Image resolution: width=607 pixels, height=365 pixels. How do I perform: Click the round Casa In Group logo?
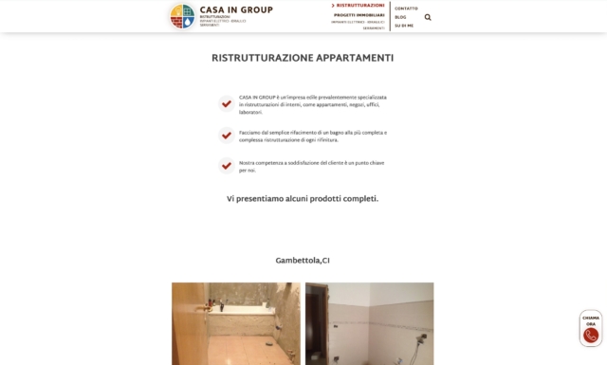click(182, 16)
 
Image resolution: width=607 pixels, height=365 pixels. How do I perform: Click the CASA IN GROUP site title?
click(236, 10)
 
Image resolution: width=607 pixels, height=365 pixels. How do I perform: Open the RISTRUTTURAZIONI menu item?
click(360, 6)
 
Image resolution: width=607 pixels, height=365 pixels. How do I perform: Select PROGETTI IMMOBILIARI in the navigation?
click(359, 15)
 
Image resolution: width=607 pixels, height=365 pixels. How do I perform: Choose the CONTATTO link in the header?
click(406, 9)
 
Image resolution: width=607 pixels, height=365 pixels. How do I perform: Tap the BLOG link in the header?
click(400, 17)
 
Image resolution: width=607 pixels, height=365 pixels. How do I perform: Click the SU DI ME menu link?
click(404, 26)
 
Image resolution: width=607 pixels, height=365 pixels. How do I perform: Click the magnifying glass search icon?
click(428, 17)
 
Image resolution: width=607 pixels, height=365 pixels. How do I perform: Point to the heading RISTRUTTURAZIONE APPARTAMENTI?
click(303, 58)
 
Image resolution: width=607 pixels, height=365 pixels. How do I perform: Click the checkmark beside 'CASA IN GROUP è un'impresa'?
click(227, 104)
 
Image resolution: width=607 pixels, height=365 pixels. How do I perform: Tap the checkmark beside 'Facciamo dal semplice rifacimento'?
click(227, 136)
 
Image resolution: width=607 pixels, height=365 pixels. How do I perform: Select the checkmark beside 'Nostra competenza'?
click(227, 166)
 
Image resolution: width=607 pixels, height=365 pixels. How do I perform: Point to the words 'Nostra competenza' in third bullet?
click(257, 162)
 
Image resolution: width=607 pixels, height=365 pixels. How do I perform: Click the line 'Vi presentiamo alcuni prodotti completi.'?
click(303, 199)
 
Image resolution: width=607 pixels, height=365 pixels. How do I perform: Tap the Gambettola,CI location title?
click(303, 261)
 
